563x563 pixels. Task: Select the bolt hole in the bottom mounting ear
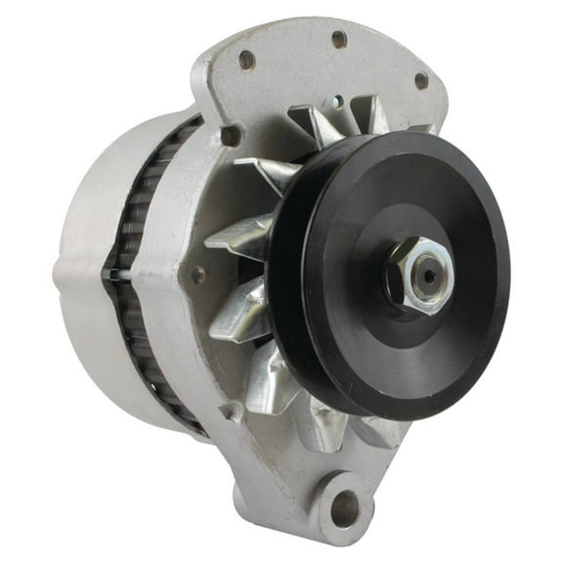tap(343, 505)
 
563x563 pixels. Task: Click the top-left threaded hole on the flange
tap(246, 61)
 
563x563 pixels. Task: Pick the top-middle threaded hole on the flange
tap(338, 39)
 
